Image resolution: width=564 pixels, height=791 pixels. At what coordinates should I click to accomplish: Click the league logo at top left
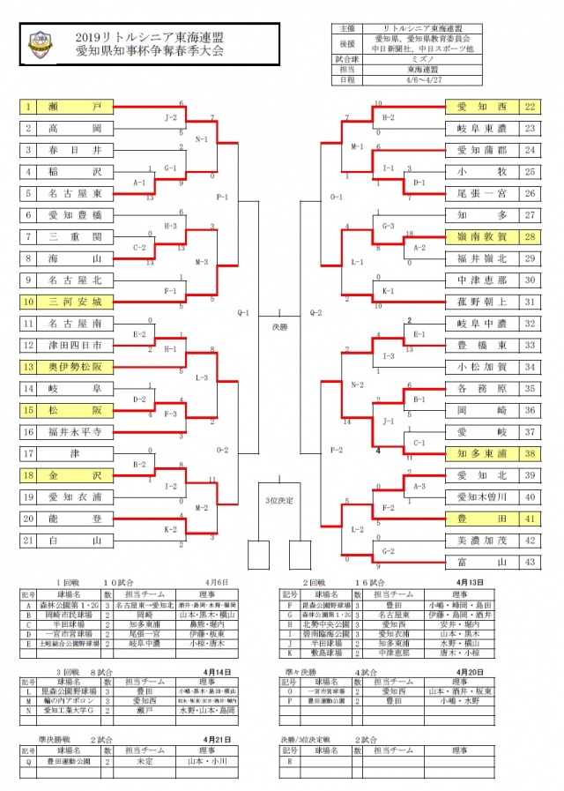(x=41, y=42)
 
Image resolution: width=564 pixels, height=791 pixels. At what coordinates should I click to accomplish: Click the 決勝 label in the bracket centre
(x=279, y=327)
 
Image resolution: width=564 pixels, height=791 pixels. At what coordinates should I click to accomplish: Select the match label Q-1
(x=244, y=311)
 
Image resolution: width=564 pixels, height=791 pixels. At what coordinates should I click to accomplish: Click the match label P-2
(x=312, y=450)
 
